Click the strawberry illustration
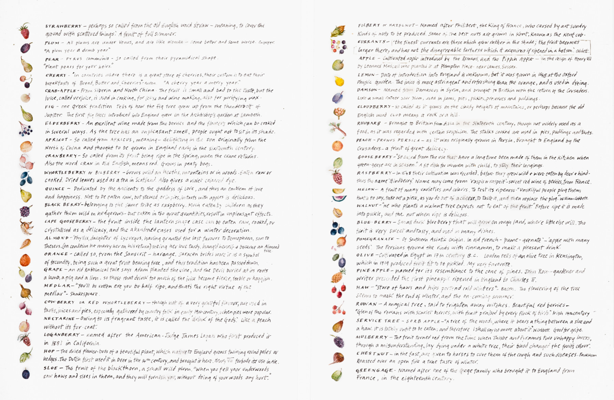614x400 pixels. tap(24, 31)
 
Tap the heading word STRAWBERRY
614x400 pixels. tap(63, 26)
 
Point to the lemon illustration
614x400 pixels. tap(339, 81)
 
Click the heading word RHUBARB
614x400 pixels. tap(369, 123)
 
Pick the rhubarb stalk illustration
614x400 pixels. tap(338, 129)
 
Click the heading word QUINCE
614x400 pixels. tap(55, 189)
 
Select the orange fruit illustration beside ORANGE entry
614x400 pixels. tap(25, 261)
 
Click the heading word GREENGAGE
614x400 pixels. tap(375, 370)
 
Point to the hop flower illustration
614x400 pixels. tap(26, 356)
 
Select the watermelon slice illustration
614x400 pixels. tap(339, 198)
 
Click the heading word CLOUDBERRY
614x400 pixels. tap(374, 107)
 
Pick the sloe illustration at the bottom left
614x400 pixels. tap(26, 373)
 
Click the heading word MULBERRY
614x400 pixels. tap(372, 337)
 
